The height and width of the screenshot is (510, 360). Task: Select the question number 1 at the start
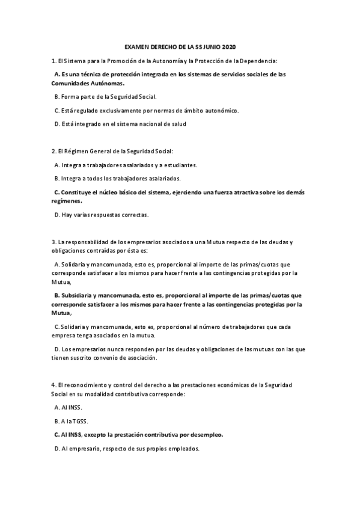[53, 61]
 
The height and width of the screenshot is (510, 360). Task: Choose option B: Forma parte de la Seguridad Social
[105, 97]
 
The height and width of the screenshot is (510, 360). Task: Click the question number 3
[53, 242]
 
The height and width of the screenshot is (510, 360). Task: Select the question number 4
[53, 384]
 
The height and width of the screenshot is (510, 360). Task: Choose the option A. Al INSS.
[68, 407]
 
